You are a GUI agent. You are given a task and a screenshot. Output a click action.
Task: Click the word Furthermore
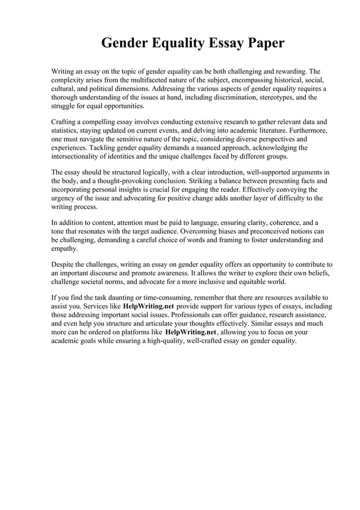coord(306,130)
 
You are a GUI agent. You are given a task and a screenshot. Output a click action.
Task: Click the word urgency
coord(64,198)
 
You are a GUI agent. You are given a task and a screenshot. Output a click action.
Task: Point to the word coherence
coord(269,223)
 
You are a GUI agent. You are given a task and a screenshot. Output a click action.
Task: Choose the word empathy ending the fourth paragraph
coord(64,249)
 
